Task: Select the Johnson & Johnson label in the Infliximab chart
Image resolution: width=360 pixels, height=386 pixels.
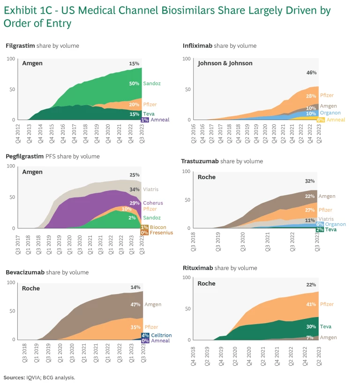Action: pyautogui.click(x=225, y=63)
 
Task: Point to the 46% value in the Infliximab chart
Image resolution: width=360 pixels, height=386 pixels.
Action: pyautogui.click(x=311, y=73)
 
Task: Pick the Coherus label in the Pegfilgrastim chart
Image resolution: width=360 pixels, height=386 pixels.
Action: pyautogui.click(x=153, y=203)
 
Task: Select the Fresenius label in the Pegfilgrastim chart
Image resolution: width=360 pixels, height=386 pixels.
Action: pyautogui.click(x=162, y=233)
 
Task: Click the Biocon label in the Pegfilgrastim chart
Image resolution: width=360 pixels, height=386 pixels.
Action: pyautogui.click(x=158, y=227)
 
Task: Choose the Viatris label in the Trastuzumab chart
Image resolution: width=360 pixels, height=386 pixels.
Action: pyautogui.click(x=327, y=219)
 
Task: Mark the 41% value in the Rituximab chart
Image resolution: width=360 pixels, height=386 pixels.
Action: pyautogui.click(x=310, y=304)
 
